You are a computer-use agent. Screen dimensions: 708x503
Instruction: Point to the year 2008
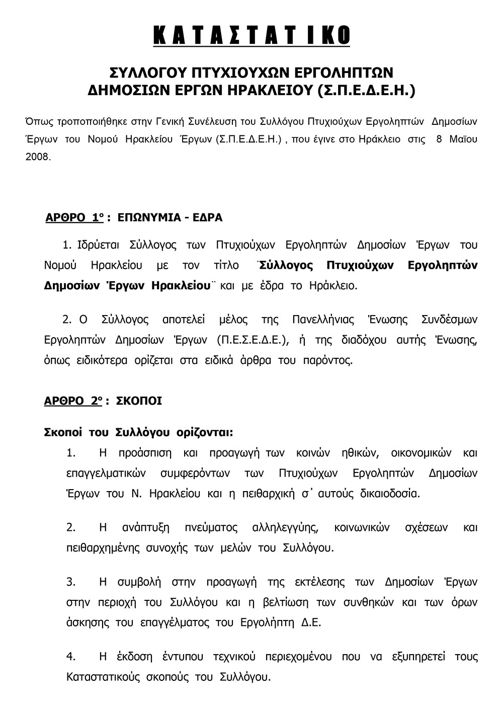[x=38, y=156]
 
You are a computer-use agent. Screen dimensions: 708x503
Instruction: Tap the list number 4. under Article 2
[x=71, y=657]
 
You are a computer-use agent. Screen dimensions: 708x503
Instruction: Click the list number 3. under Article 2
[x=71, y=582]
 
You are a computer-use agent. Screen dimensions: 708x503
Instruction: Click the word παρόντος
[x=329, y=360]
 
